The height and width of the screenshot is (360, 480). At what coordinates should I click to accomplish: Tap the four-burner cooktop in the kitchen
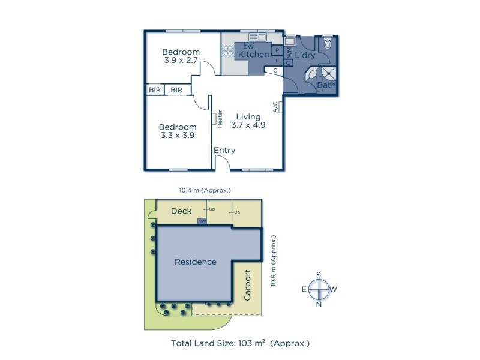[x=227, y=50]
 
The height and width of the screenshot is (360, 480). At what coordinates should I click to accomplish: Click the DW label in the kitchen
[x=250, y=46]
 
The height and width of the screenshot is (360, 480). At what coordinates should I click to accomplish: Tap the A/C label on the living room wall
[x=275, y=107]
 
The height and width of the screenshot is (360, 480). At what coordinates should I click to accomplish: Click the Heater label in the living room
[x=220, y=118]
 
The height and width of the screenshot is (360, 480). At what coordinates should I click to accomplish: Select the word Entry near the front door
[x=224, y=151]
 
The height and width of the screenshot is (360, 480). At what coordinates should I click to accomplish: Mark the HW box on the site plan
[x=202, y=222]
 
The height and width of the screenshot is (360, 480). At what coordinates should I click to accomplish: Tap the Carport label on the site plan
[x=247, y=289]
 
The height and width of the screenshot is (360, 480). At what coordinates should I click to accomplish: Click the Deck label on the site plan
[x=181, y=211]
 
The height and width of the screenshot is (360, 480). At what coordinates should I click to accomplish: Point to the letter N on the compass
[x=319, y=304]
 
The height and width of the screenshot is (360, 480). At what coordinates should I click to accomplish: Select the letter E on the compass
[x=304, y=289]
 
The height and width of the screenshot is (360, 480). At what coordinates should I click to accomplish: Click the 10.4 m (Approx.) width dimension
[x=205, y=190]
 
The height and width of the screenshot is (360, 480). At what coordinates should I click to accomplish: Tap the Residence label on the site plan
[x=195, y=262]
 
